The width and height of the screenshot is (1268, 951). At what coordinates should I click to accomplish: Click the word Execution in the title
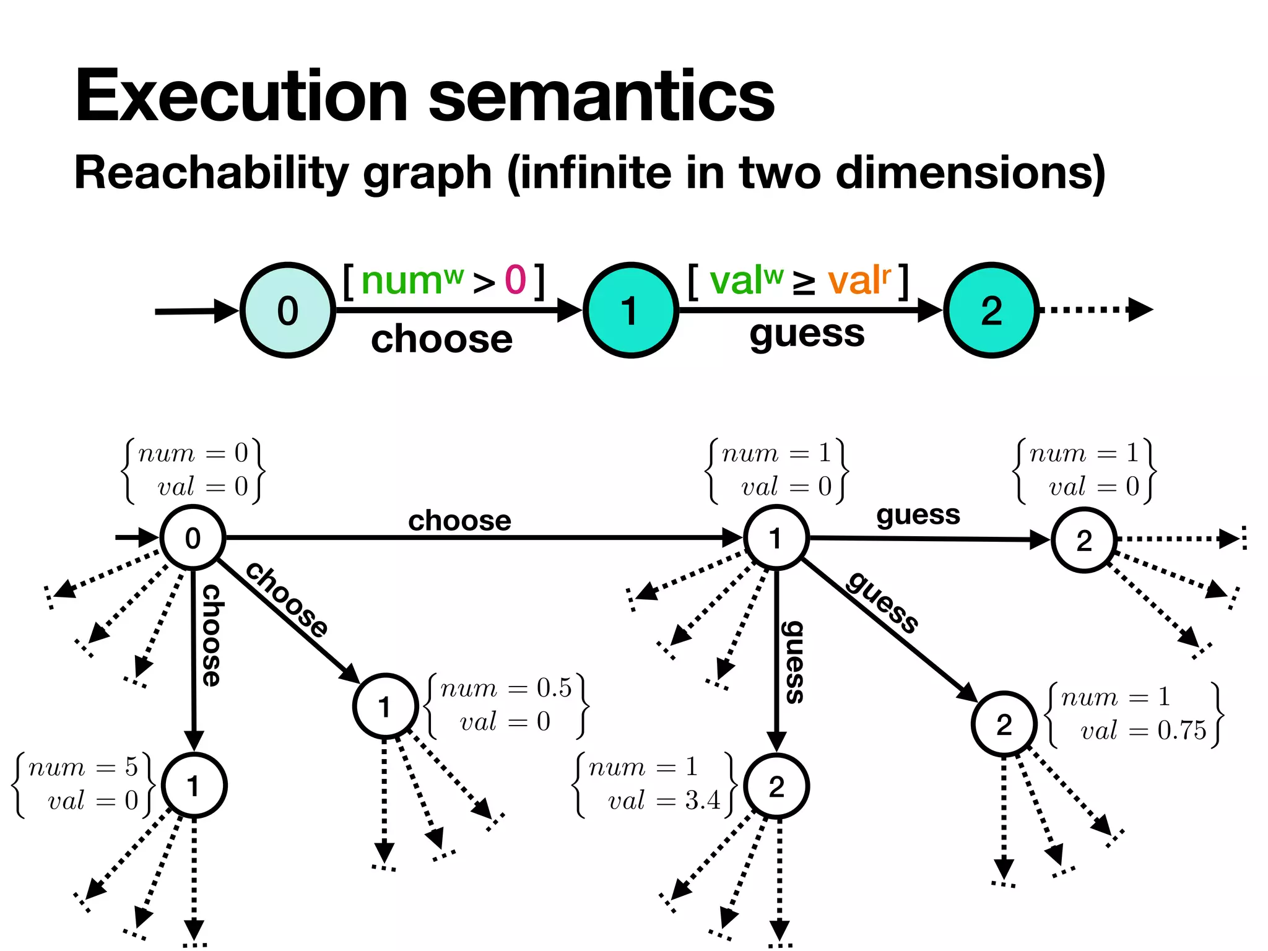point(241,96)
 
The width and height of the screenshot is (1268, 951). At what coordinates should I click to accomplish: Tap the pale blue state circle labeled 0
point(288,310)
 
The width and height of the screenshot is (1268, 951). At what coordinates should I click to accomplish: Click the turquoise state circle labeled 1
point(630,310)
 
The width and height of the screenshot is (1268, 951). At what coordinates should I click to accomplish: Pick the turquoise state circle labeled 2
point(991,310)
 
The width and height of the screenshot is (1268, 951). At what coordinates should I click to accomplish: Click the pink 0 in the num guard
point(515,280)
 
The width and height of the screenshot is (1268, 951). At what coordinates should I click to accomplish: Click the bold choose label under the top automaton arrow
point(441,339)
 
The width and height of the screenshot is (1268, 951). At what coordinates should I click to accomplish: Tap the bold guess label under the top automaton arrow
point(806,334)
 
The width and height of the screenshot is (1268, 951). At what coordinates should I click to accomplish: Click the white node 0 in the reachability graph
point(193,538)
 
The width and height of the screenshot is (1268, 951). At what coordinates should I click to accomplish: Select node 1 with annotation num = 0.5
point(385,706)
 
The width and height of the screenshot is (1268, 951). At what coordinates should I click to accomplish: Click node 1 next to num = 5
point(194,786)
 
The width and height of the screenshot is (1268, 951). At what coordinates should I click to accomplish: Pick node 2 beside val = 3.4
point(776,786)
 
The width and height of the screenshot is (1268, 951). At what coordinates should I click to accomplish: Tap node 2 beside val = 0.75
point(1004,724)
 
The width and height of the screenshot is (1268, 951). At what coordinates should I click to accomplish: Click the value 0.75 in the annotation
point(1181,731)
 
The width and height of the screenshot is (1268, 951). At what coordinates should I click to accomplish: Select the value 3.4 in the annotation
point(702,801)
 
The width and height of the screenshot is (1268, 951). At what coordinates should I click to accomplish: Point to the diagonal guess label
point(882,602)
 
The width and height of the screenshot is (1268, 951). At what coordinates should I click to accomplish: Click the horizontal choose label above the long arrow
point(459,521)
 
